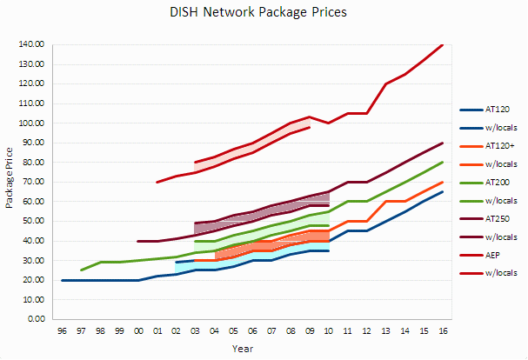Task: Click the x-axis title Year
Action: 244,348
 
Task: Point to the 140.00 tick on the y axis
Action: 31,44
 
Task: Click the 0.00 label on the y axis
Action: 35,319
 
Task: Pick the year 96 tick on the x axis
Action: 62,331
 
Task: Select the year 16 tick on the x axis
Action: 444,331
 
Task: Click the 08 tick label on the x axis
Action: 291,331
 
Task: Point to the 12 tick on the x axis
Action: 367,331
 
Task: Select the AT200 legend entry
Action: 498,183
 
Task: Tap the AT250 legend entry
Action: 498,218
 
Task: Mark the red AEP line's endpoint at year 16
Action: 444,44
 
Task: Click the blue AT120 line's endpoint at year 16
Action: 444,191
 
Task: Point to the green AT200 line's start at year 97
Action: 81,270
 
